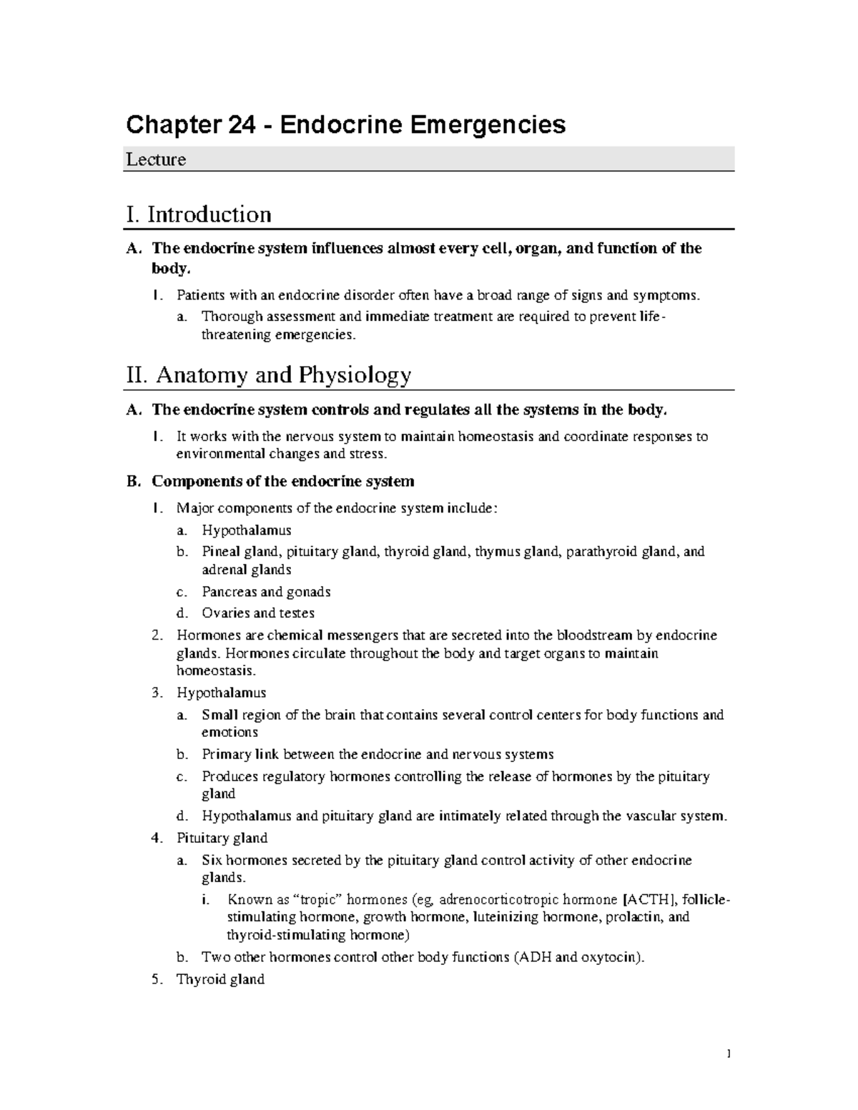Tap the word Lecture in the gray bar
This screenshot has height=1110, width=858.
[156, 159]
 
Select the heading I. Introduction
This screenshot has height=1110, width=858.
[199, 214]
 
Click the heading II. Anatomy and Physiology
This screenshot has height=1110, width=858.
[269, 375]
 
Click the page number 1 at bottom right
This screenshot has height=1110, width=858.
[728, 1054]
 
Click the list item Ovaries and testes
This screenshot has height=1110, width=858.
[258, 613]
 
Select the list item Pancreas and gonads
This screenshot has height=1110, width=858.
[266, 592]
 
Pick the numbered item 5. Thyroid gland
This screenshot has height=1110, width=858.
[220, 979]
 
